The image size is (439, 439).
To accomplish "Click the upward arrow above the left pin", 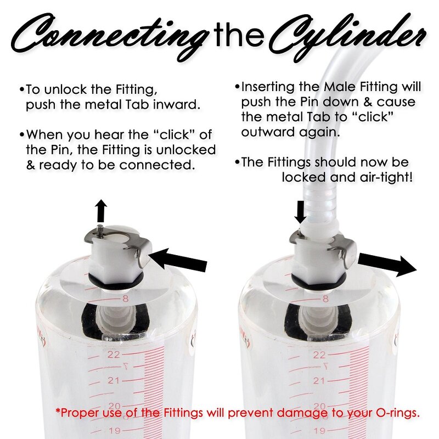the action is (102, 211).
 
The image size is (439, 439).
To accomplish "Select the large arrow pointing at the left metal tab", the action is (179, 260).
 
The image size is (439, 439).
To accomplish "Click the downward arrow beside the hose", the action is (301, 212).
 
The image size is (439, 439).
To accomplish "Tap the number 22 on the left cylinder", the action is (114, 354).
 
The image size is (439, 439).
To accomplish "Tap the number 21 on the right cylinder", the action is (319, 381).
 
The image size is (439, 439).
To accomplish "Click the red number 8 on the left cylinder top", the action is (126, 299).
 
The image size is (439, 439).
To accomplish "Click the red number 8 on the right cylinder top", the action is (325, 299).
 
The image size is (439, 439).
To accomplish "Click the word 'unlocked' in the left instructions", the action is (186, 150).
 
